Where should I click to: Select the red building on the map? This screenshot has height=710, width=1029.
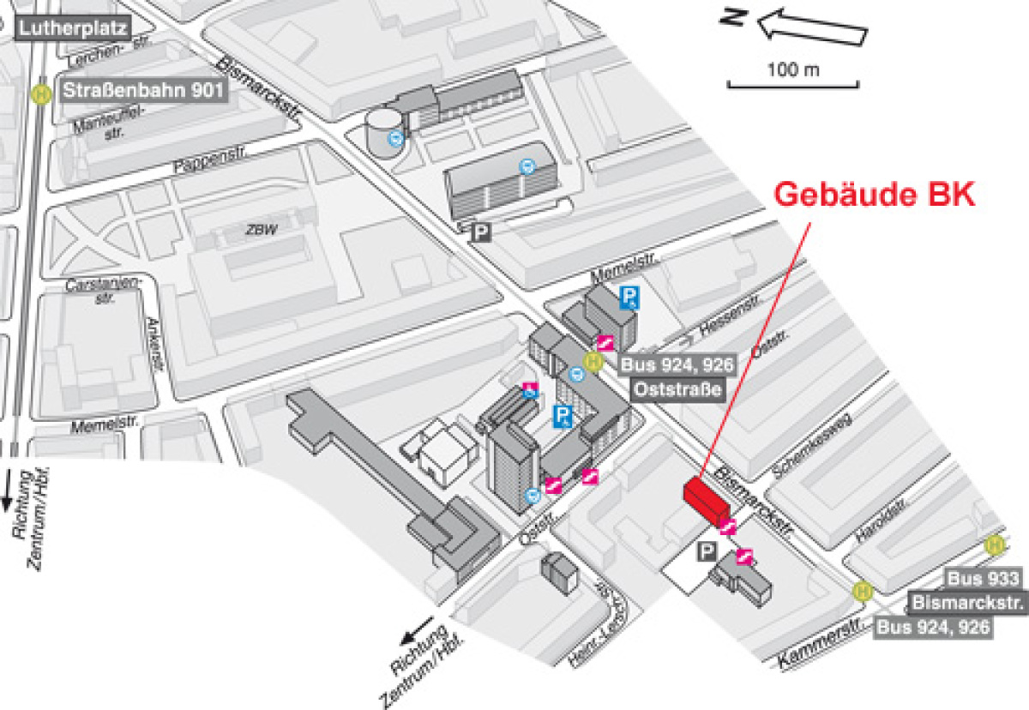click(704, 500)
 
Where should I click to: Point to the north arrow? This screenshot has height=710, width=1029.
click(810, 26)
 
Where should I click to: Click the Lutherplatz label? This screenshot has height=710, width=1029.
click(73, 29)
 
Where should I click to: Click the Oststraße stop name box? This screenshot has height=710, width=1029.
click(677, 389)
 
